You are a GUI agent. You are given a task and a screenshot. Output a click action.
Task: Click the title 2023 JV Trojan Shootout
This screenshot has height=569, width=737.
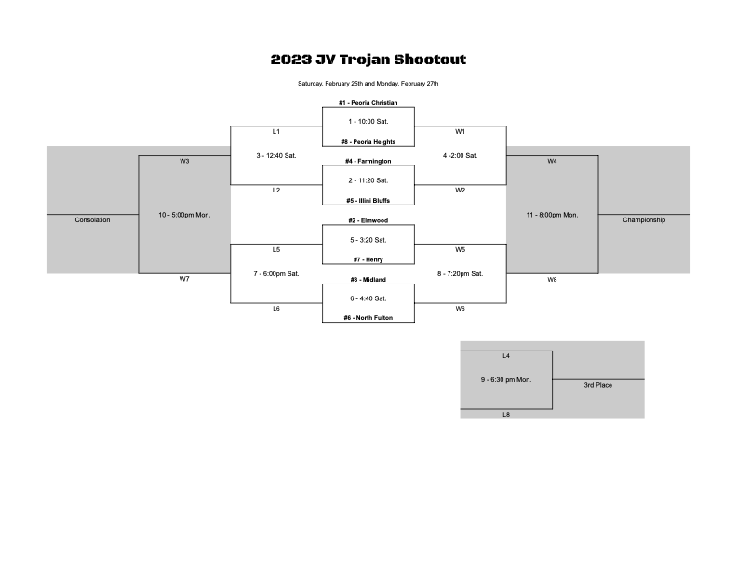pos(368,60)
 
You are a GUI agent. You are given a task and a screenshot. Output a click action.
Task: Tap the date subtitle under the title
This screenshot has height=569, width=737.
pos(368,84)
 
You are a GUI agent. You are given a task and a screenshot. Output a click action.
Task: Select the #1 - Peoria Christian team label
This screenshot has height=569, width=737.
pos(368,103)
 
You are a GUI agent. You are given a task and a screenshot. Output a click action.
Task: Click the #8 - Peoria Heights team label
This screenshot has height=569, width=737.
pos(368,141)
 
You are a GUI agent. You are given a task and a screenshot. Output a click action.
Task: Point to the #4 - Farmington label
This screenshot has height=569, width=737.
pos(368,161)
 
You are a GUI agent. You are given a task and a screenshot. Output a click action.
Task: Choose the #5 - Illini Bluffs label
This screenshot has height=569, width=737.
pos(368,201)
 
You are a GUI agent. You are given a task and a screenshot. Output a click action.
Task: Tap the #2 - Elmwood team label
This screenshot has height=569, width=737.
pos(368,220)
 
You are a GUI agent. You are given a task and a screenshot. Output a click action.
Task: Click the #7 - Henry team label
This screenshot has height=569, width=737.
pos(368,259)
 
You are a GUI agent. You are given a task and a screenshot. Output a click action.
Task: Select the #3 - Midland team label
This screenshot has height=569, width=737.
pos(368,279)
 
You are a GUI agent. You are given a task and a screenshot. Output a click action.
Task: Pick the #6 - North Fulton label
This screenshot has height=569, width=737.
pos(368,318)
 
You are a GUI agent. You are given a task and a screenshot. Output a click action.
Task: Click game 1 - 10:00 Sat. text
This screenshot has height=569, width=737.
pos(368,122)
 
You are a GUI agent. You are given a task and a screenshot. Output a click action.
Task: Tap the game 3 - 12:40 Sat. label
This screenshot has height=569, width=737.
pos(275,156)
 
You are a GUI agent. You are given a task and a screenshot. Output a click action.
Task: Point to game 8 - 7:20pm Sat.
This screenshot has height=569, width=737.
pos(460,273)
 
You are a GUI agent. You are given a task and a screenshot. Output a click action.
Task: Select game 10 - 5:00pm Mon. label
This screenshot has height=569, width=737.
pos(184,215)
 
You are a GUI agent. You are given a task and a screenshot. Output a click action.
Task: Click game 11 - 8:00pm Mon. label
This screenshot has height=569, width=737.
pos(552,215)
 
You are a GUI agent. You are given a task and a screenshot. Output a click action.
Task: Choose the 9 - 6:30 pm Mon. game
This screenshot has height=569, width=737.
pos(505,380)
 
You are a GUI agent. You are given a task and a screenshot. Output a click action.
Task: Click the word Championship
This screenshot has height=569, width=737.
pos(644,219)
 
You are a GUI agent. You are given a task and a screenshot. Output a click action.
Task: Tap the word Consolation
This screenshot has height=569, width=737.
pos(92,219)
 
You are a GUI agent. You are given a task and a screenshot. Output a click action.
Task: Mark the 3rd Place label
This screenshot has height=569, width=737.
pos(597,385)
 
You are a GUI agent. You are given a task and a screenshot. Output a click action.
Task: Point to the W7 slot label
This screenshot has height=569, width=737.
pos(183,279)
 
